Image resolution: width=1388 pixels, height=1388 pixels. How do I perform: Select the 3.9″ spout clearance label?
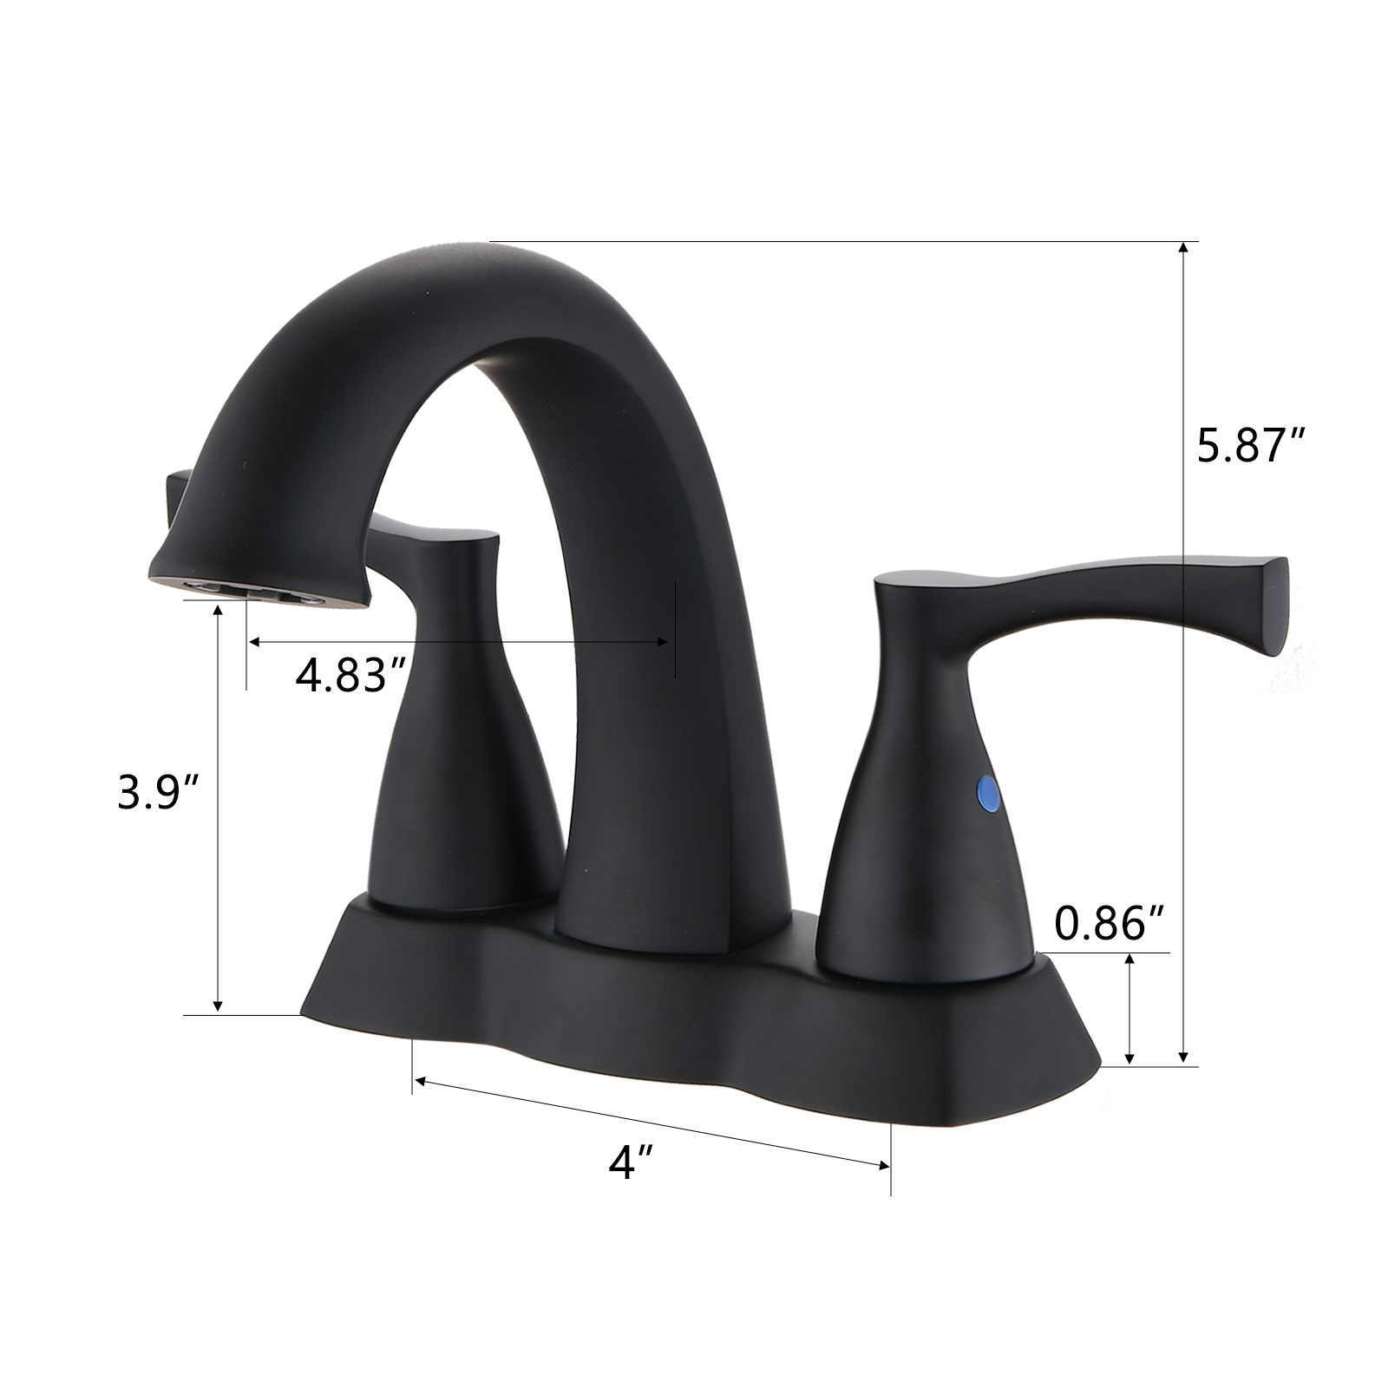coord(159,792)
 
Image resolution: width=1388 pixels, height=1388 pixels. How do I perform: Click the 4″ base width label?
coord(631,1161)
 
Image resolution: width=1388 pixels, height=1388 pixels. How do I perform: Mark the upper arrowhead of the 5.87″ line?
coord(1183,248)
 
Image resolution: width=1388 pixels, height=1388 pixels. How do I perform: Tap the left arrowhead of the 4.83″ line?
coord(253,642)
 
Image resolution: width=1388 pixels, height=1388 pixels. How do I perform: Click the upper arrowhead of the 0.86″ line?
coord(1129,959)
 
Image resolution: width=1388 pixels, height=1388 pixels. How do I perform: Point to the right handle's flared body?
coord(920,824)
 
